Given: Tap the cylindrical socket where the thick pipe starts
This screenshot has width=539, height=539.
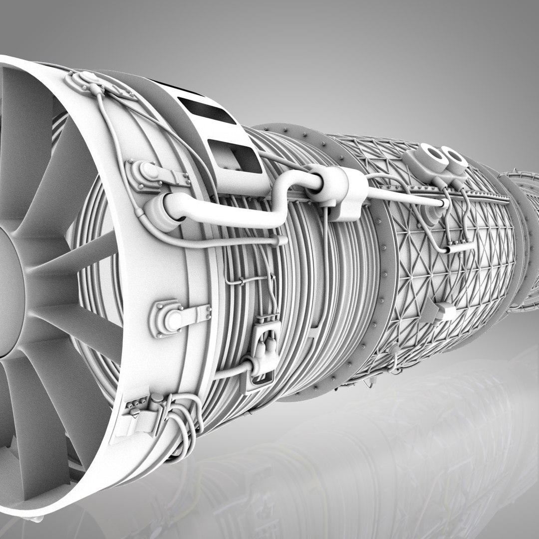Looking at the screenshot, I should [x=160, y=212].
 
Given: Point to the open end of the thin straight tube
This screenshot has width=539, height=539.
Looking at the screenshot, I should [x=442, y=203].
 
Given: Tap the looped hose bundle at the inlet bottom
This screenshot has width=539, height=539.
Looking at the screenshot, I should [x=185, y=419].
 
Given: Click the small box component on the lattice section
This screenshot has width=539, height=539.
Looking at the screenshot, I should [x=444, y=312].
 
